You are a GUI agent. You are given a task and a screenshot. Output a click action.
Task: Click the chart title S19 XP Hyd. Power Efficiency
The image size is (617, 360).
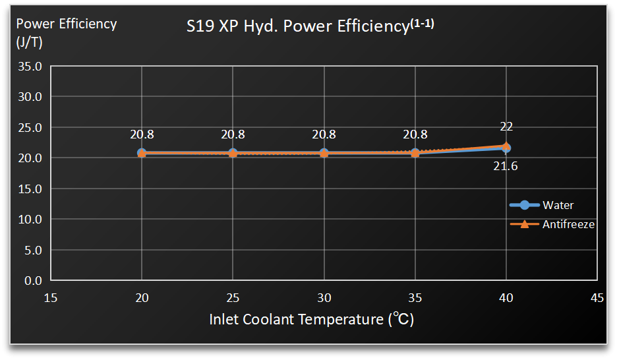297,27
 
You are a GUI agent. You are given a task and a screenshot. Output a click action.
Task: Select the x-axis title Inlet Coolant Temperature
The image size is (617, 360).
311,320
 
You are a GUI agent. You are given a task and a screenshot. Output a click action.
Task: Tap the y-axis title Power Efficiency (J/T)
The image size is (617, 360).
66,32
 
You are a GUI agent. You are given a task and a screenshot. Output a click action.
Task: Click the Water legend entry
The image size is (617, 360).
557,205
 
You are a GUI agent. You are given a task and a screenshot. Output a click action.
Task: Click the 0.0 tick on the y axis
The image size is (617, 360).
33,281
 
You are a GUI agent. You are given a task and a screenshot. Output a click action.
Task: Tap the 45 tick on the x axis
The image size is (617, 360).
597,298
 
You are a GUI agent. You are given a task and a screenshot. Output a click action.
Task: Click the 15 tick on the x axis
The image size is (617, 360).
51,298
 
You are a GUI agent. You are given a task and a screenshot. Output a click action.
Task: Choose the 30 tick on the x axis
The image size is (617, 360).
324,298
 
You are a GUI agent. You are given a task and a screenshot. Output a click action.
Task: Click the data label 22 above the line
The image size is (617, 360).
506,127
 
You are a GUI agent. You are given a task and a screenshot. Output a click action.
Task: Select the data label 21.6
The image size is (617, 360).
506,167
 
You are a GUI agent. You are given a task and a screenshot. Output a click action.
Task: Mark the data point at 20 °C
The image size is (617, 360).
142,153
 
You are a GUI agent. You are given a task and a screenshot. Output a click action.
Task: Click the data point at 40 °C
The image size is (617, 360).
506,148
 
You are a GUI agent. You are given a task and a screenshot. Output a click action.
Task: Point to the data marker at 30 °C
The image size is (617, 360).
324,153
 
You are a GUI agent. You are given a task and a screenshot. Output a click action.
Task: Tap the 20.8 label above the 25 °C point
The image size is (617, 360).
233,135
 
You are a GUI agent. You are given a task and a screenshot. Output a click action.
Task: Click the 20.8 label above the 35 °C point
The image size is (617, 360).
415,135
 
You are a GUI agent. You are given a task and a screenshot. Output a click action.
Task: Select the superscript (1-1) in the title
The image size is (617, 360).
423,24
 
